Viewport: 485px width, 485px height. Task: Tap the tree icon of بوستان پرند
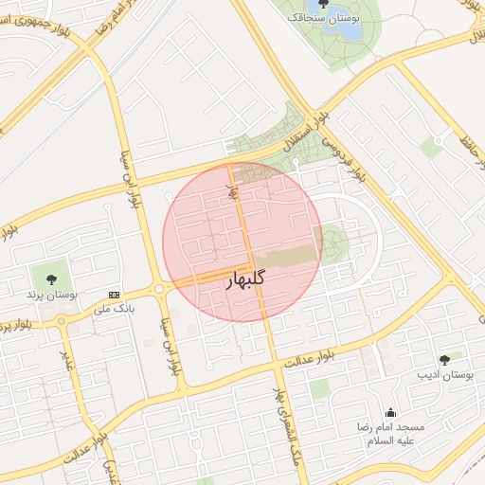coord(50,279)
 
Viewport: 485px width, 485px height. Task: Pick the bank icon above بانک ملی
coord(115,295)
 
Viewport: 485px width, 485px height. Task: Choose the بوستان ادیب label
coord(445,375)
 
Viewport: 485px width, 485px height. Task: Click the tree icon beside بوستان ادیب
coord(444,359)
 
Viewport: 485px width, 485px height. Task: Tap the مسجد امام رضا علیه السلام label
coord(390,434)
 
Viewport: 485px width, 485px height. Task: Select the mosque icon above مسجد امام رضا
coord(390,412)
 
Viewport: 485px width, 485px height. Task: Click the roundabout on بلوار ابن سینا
coord(159,288)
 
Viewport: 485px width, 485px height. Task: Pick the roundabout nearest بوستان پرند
coord(63,320)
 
